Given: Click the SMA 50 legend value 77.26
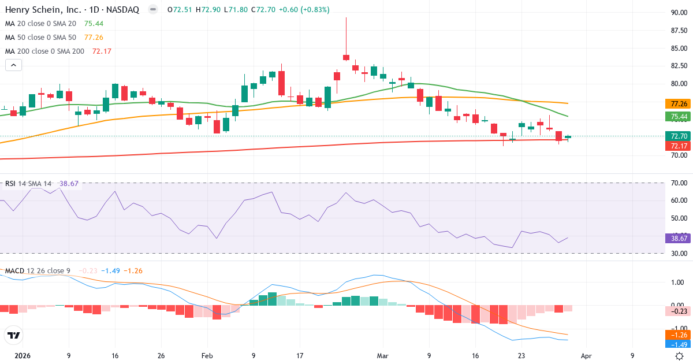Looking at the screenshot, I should tap(94, 38).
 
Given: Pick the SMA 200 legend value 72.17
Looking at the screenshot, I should tap(102, 51).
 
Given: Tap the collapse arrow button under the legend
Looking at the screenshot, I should tap(13, 65).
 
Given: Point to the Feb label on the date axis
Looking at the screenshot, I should tap(207, 356).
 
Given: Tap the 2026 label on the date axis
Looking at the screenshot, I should tap(23, 356).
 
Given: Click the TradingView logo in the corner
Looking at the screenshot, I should tap(13, 335).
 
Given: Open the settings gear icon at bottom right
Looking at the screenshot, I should tap(680, 356).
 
